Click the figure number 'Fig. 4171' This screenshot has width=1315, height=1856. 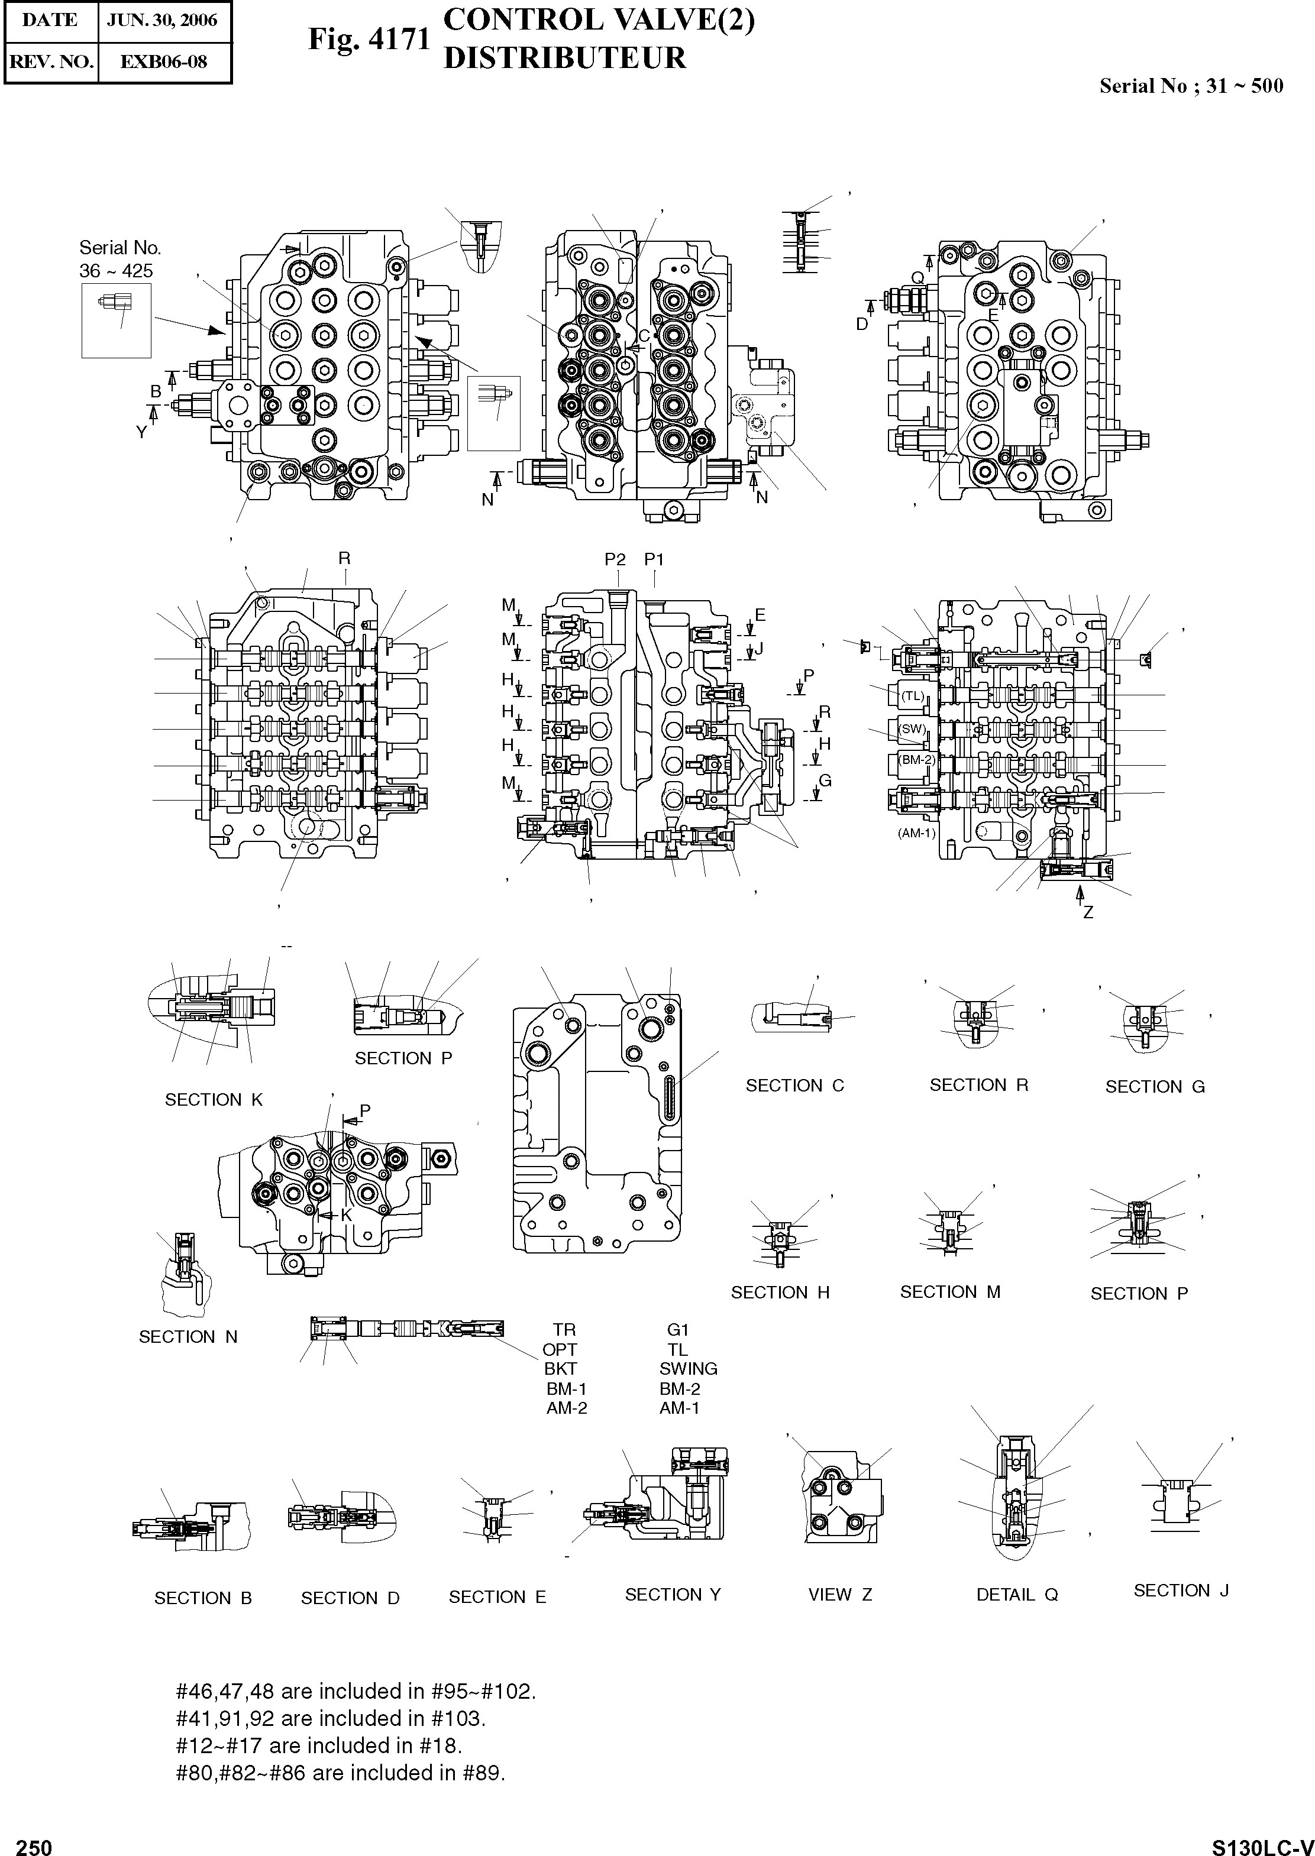pos(369,40)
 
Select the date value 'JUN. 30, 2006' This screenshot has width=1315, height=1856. pos(162,20)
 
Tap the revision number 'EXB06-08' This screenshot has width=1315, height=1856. pos(164,61)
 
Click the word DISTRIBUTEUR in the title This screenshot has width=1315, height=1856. pos(564,59)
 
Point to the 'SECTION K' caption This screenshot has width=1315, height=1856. pos(214,1100)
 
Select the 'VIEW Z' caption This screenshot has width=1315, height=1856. pos(839,1595)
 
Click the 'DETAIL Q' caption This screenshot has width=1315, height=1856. pos(1017,1595)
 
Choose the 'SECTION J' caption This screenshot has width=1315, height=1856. pos(1181,1590)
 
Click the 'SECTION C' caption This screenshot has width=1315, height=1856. pos(794,1086)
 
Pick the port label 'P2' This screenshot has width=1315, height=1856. pos(615,559)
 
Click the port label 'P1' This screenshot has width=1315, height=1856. pos(654,559)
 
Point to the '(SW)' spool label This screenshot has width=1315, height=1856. pos(913,728)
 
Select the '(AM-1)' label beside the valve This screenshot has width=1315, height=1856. pos(916,832)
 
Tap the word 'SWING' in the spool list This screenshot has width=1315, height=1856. pos(689,1369)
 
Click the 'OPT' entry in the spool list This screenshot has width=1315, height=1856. pos(560,1349)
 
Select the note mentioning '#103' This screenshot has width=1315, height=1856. pos(330,1718)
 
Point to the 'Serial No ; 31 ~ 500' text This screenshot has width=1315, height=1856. pos(1190,86)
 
